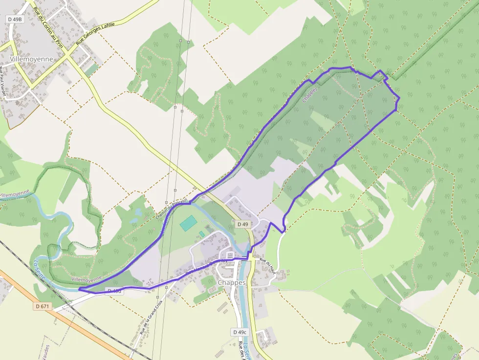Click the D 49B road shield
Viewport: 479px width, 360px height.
15,19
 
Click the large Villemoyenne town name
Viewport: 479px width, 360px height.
31,59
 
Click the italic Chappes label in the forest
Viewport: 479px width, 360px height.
310,94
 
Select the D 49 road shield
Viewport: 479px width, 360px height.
243,224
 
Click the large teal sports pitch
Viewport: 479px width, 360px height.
188,224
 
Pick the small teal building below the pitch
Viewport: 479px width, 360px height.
201,234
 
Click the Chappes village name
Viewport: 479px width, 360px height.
232,282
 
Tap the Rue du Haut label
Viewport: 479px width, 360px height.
268,268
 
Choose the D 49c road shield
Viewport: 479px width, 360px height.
239,332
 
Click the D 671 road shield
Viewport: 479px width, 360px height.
43,306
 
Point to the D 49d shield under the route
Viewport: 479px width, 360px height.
114,292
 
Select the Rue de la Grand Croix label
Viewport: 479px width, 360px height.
151,317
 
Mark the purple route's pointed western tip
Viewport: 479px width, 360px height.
79,290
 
